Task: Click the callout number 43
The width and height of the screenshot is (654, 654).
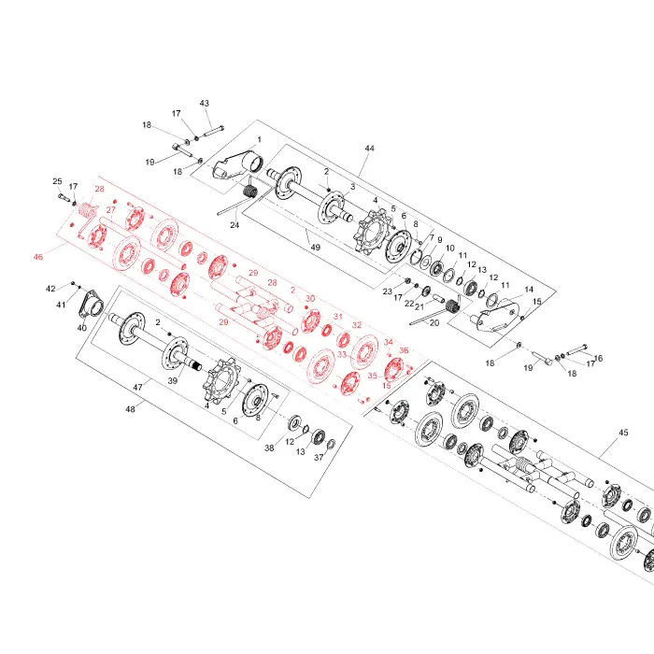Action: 205,103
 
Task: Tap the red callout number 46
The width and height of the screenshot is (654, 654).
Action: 38,257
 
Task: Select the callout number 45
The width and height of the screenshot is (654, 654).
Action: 623,433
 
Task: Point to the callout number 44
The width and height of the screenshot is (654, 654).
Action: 370,148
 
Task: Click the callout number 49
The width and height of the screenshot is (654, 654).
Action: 316,248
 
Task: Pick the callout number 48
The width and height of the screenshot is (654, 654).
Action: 131,409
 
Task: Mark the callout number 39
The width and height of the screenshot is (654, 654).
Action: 172,380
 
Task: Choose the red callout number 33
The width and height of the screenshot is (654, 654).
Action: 342,354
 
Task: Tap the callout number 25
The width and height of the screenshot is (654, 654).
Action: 57,181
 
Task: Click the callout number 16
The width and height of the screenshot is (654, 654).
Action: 598,358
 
